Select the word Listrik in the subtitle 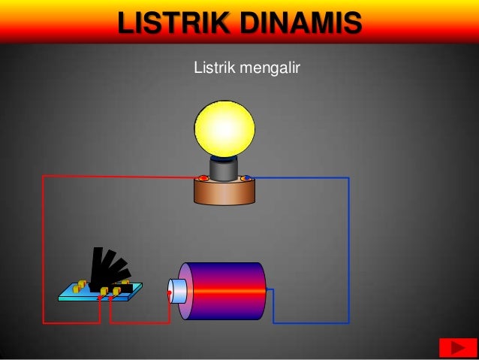(213, 69)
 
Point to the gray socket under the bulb (224, 170)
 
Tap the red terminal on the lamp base (203, 178)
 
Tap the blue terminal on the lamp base (246, 178)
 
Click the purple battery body (225, 290)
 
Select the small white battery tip (177, 291)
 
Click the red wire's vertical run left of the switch (43, 248)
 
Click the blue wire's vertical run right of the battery (348, 248)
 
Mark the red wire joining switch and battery (139, 322)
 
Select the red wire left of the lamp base (120, 177)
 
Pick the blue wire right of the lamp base (300, 178)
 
